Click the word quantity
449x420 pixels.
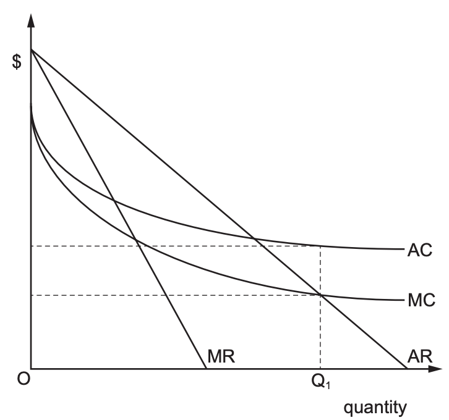click(375, 407)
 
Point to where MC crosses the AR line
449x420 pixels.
click(320, 295)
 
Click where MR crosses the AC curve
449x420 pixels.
click(114, 200)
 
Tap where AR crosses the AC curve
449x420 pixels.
click(254, 238)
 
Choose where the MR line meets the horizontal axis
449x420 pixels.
click(205, 369)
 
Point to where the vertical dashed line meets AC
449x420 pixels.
click(320, 246)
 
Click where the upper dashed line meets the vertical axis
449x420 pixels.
click(30, 246)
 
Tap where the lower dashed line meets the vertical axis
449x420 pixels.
click(30, 295)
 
